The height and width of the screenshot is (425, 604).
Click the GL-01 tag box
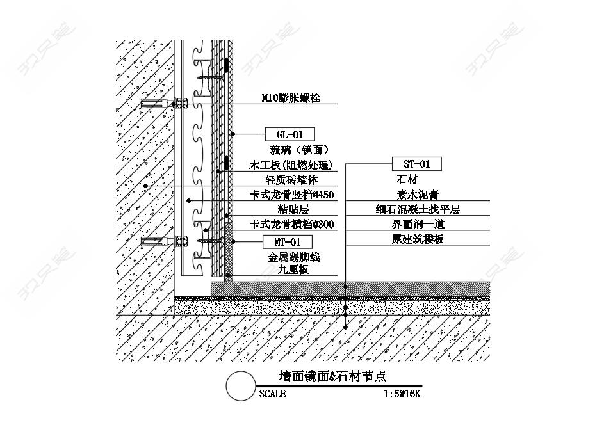290,134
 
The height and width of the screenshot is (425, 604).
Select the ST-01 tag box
416,164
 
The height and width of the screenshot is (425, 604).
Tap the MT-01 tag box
288,242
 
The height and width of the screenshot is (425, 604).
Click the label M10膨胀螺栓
291,98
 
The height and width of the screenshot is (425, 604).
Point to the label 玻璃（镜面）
299,149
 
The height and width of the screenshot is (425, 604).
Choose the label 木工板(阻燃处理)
290,164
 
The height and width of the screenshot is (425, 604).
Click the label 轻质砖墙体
291,180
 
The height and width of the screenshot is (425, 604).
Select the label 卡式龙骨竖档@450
291,195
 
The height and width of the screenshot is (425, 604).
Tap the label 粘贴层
293,209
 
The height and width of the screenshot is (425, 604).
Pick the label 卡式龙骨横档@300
291,225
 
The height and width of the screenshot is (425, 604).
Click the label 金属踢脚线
294,257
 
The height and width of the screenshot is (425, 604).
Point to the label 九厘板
293,269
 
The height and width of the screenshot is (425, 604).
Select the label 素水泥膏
418,195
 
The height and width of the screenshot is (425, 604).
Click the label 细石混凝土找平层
418,209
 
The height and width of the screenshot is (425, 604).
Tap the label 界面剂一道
418,225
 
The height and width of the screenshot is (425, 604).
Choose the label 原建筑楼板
418,239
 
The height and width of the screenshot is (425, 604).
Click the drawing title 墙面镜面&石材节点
332,376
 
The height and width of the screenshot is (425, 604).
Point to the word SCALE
272,394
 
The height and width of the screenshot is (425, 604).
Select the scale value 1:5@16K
402,394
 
